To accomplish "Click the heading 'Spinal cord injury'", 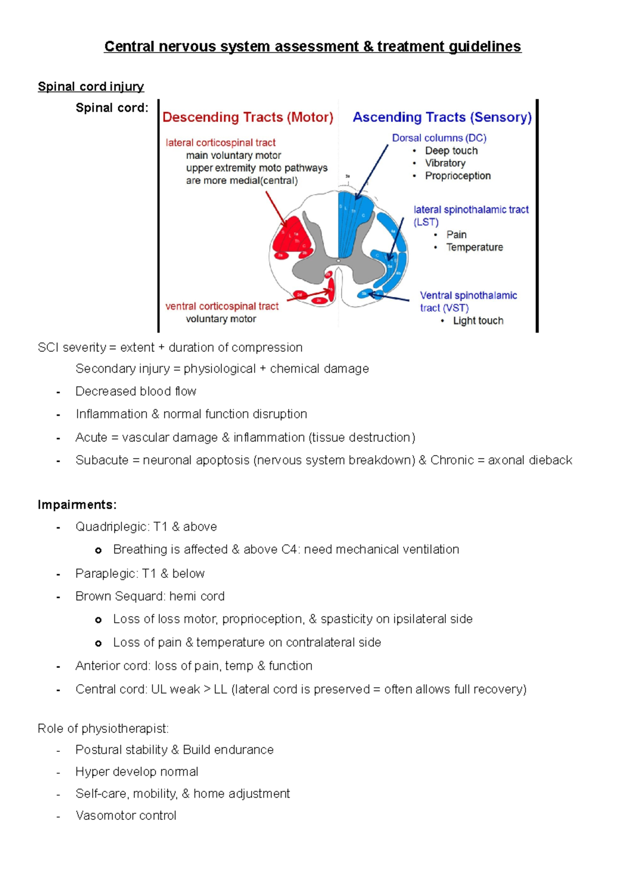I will tap(91, 86).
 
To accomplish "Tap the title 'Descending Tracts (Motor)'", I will tap(247, 117).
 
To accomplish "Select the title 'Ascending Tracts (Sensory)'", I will tap(442, 117).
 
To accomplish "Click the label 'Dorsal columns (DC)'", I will tap(439, 138).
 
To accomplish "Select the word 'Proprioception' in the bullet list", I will tap(458, 176).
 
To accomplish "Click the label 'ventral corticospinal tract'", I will tap(222, 306).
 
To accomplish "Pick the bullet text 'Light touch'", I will tap(478, 321).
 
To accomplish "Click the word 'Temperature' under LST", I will tap(474, 247).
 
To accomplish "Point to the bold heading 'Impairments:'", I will tap(77, 504).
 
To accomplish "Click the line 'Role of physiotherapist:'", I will tap(103, 728).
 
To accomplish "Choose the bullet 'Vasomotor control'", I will tap(126, 816).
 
